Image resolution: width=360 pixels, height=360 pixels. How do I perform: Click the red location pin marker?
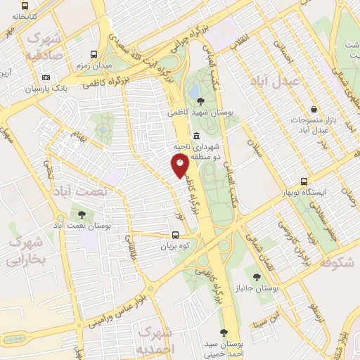180,165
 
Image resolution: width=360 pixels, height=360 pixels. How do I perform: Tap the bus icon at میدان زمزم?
94,53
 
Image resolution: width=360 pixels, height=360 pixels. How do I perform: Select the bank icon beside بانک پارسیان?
46,77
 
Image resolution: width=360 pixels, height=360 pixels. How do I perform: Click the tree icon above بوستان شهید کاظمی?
202,101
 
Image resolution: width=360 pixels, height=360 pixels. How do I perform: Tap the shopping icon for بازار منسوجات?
311,110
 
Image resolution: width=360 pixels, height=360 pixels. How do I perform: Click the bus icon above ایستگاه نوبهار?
304,181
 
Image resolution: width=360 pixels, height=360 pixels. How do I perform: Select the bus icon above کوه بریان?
175,236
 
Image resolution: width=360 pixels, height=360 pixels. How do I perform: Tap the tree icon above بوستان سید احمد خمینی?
224,333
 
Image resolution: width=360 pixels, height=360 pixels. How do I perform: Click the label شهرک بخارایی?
25,251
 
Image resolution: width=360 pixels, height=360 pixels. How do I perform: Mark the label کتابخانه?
20,15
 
